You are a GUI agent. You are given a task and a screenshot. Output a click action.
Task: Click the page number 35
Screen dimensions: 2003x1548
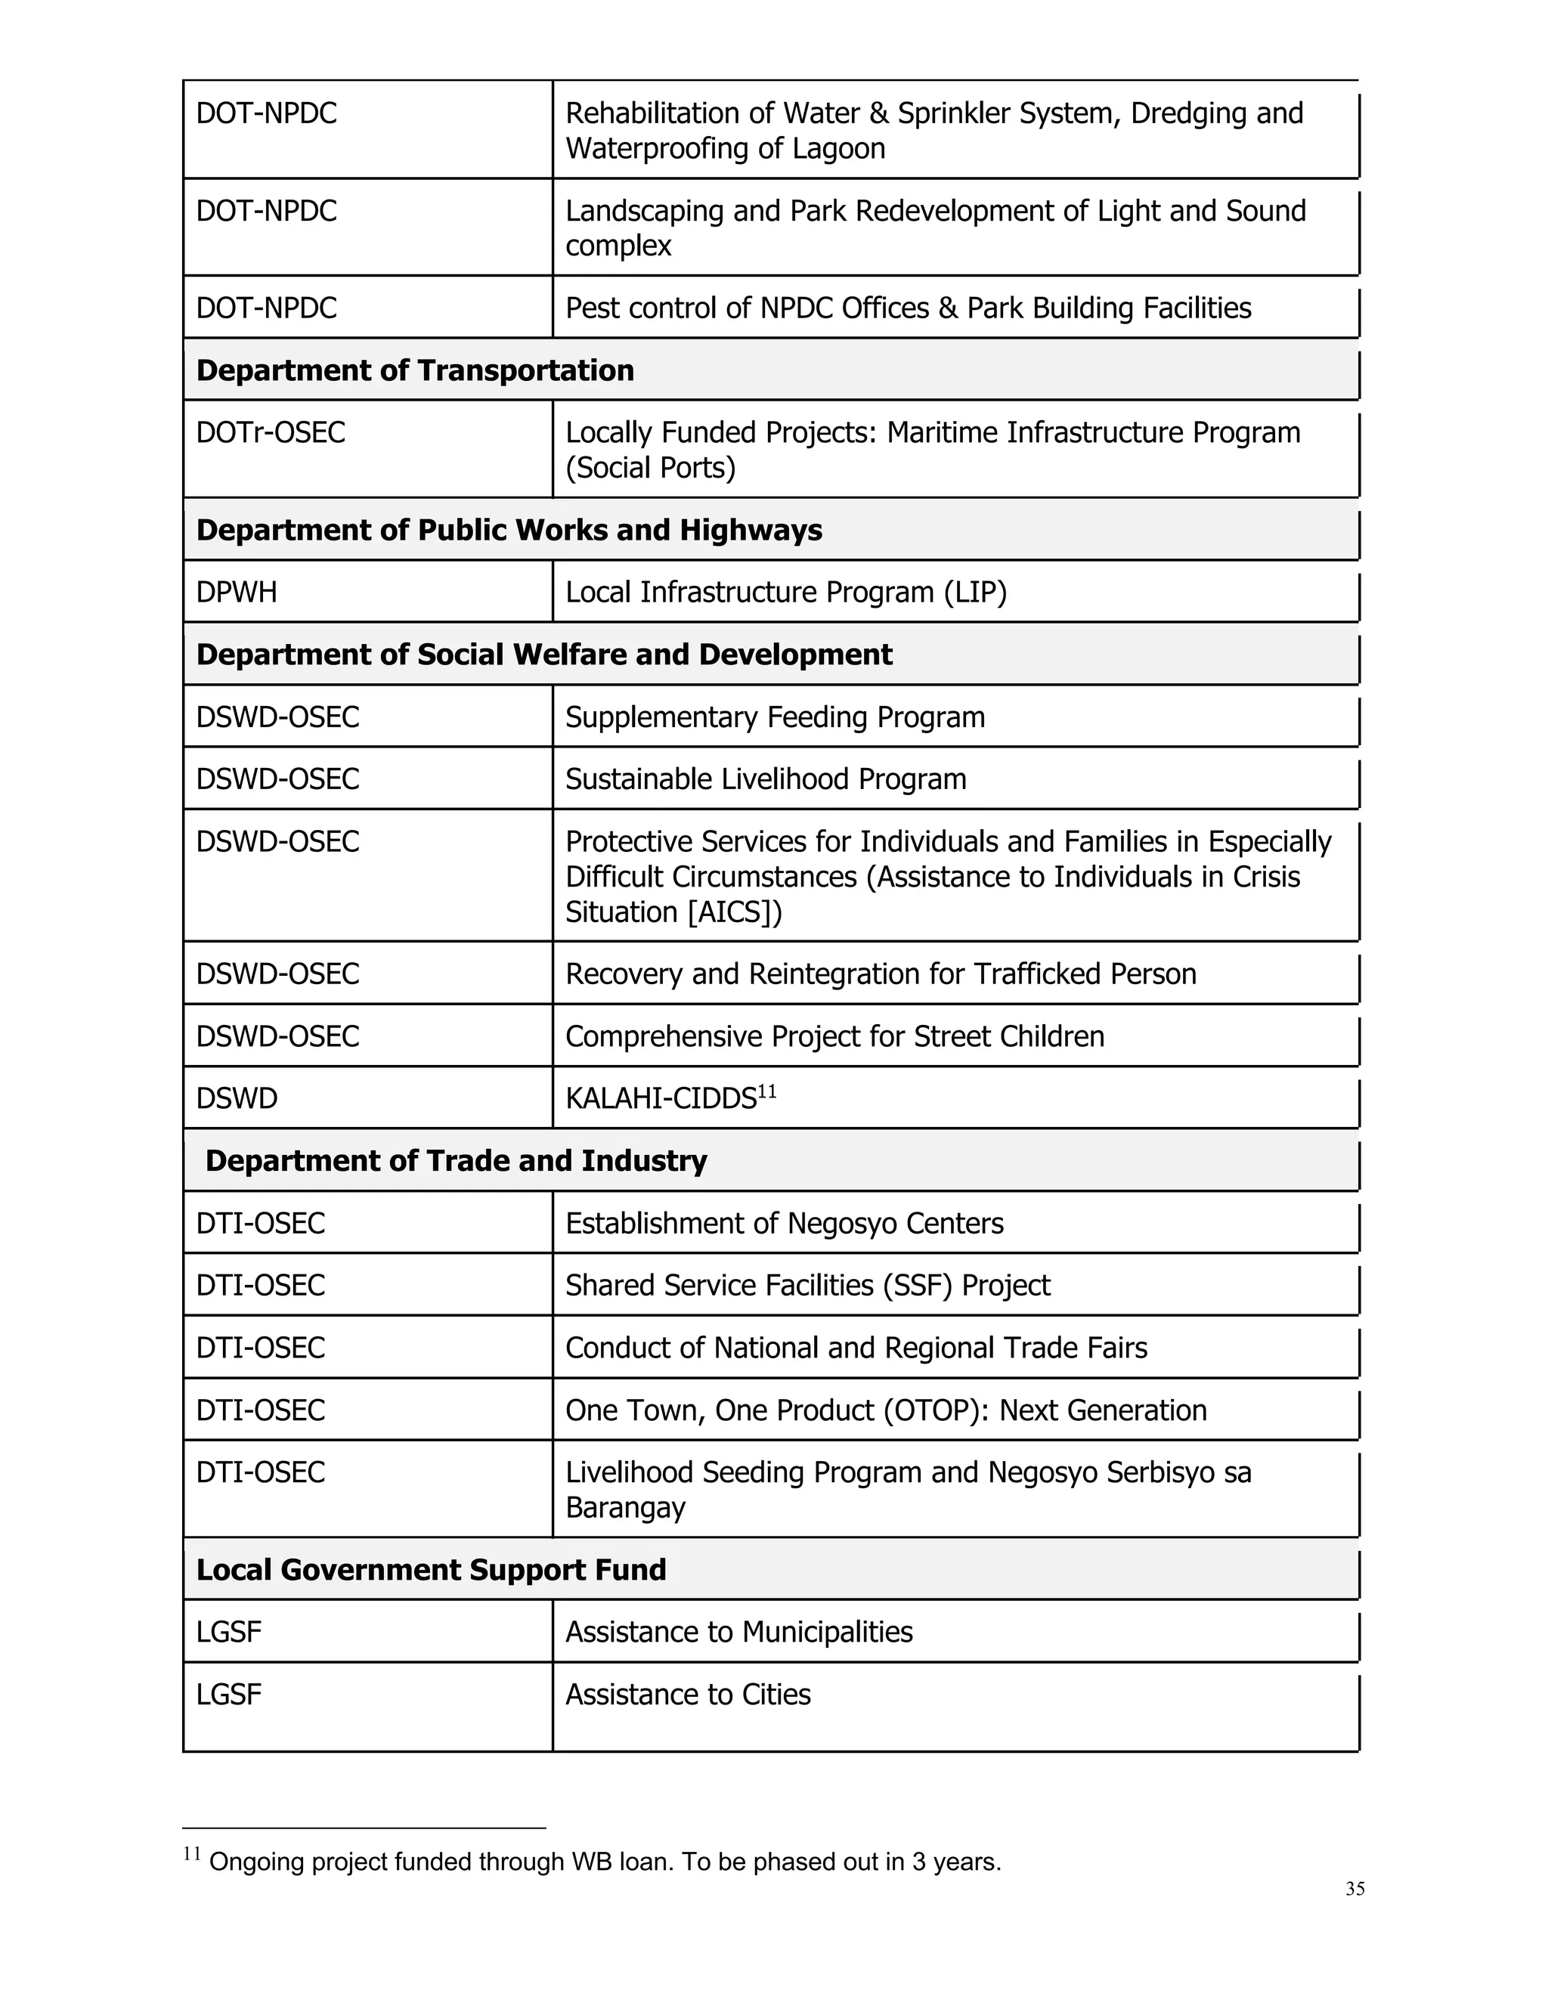pos(1354,1888)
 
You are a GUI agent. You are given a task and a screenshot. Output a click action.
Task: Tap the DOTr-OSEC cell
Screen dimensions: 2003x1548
pos(271,433)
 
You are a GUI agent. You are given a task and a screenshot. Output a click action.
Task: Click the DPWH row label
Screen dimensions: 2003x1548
pos(237,593)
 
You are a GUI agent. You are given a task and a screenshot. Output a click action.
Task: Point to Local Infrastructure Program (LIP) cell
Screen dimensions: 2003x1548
pos(786,593)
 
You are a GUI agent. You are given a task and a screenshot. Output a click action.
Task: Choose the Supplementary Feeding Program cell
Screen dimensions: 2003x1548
pos(775,717)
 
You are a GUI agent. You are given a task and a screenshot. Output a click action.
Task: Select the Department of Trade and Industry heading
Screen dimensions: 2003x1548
pos(456,1161)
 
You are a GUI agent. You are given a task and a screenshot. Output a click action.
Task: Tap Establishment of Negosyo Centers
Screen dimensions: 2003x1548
pos(784,1224)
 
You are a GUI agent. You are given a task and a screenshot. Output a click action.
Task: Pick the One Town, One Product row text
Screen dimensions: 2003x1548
pos(886,1410)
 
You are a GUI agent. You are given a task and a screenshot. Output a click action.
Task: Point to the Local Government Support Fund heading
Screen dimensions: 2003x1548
pos(431,1570)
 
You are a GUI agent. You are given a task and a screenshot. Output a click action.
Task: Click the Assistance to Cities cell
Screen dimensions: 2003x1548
pos(688,1695)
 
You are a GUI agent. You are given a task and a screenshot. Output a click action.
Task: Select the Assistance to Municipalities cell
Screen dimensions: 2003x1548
pos(739,1633)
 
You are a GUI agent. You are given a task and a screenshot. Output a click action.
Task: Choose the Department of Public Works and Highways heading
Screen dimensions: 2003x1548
pos(509,530)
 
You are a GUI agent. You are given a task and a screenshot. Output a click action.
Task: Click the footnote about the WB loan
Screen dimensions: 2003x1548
pos(605,1862)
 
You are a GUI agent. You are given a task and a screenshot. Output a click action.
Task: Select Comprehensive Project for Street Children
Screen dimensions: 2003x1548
pos(834,1036)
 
